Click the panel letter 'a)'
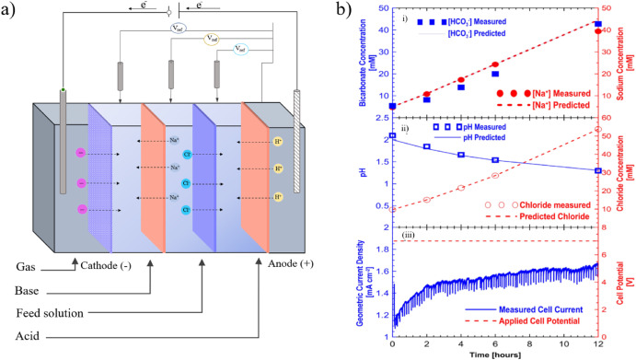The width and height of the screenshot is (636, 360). [10, 11]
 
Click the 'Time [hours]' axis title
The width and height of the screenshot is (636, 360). [497, 353]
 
